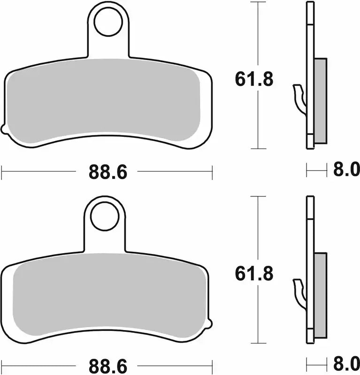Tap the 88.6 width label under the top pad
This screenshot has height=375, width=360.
tap(108, 172)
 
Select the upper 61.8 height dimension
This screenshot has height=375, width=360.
tap(254, 80)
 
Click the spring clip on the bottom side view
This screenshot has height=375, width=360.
tap(299, 293)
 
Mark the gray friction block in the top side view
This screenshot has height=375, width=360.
tap(320, 100)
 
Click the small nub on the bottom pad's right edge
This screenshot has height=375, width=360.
tap(209, 323)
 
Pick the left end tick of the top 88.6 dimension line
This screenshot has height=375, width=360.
tap(2, 172)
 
